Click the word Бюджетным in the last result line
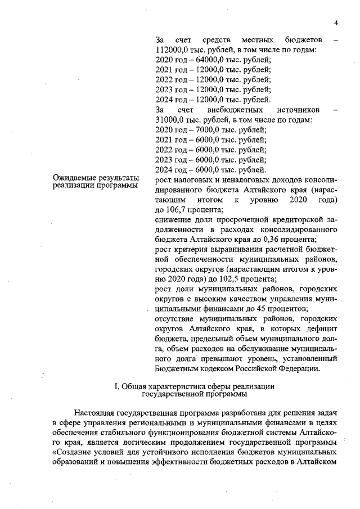coord(176,370)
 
